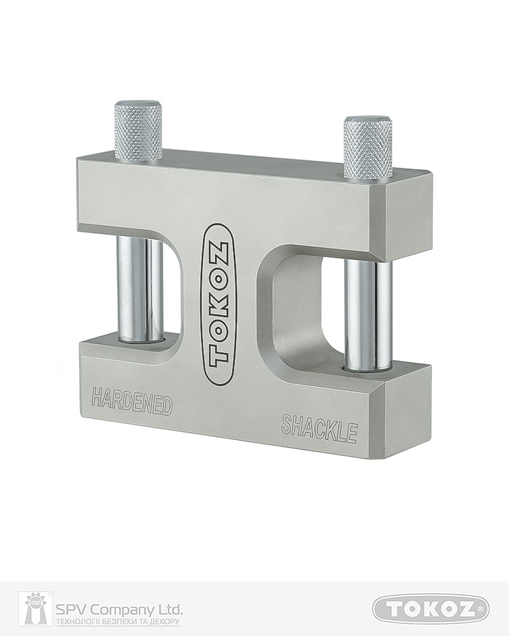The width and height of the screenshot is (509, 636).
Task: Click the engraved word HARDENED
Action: click(132, 402)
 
